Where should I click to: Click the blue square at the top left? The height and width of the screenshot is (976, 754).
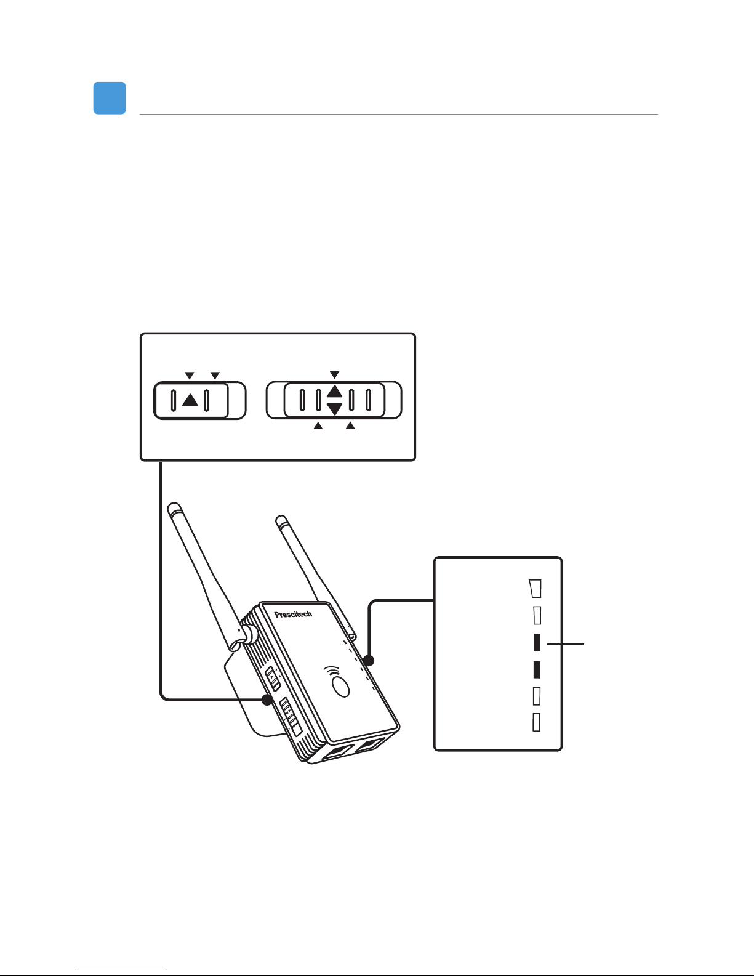110,98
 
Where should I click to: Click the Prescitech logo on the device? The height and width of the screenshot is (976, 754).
293,614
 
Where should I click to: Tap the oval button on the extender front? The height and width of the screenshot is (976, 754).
340,687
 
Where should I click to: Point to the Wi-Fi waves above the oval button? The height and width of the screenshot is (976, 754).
332,671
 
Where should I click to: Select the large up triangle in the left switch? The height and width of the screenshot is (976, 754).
190,400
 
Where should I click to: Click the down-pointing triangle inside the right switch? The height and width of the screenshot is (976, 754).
334,409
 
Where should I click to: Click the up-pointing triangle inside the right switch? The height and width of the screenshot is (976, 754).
334,392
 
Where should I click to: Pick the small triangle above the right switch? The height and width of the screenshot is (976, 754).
334,375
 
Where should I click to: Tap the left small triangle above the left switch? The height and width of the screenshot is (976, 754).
190,376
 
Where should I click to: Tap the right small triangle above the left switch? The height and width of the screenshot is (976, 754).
215,376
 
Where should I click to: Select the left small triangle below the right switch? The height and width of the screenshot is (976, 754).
318,425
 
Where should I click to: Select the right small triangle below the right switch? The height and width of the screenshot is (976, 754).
350,425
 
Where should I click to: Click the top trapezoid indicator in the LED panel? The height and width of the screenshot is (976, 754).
536,589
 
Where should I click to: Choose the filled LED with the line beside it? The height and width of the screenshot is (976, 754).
537,643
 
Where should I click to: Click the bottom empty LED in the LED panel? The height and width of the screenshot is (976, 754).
536,722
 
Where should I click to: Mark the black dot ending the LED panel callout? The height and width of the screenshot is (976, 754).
369,661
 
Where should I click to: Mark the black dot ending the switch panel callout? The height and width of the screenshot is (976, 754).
267,700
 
